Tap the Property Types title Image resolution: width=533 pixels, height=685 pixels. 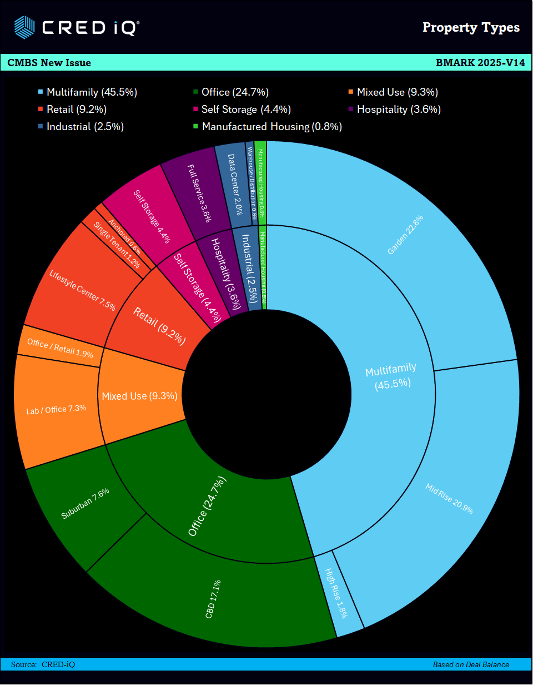tap(471, 27)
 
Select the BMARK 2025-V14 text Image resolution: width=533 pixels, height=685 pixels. tap(480, 63)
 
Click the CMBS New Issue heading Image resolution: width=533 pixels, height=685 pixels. tap(49, 63)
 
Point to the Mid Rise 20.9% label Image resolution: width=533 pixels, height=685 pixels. tap(449, 499)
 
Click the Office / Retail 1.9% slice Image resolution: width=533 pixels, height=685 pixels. tap(59, 349)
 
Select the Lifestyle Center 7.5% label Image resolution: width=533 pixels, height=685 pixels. tap(82, 290)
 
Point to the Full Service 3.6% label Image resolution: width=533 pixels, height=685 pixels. tap(199, 192)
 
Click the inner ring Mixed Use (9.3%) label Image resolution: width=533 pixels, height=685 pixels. tap(139, 396)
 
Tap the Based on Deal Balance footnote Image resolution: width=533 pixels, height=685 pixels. tap(471, 664)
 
